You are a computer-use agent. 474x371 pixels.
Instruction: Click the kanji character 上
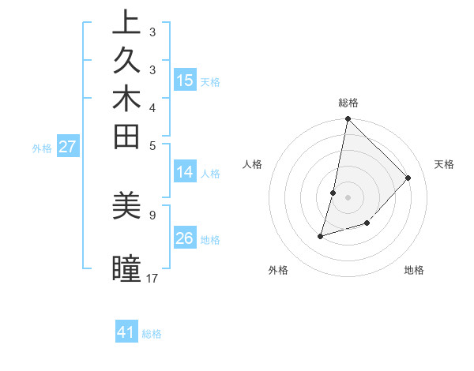126,24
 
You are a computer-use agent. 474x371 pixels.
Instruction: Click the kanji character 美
126,205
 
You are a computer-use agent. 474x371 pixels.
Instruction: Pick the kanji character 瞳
126,268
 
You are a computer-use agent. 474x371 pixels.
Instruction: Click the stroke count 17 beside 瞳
152,278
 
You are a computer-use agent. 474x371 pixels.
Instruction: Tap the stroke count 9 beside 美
152,214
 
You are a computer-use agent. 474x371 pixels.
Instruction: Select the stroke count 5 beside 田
152,145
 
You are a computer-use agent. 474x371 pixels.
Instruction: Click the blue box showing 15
185,80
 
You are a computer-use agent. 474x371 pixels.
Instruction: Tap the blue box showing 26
185,238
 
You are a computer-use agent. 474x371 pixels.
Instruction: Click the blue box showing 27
68,146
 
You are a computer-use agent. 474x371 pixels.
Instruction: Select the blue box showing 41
126,332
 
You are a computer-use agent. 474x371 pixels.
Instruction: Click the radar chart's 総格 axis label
348,103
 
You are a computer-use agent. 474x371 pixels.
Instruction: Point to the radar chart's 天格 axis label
444,164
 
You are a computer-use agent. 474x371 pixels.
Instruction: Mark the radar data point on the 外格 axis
321,235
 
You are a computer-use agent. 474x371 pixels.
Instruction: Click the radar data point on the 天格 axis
408,178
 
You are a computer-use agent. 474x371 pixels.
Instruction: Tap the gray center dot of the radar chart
348,197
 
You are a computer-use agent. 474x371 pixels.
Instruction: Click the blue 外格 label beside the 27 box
42,148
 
